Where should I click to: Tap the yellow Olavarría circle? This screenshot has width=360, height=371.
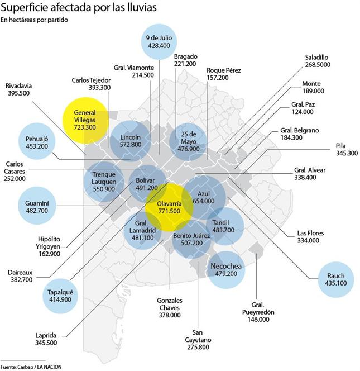169,207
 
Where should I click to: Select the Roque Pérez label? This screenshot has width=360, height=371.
223,70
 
